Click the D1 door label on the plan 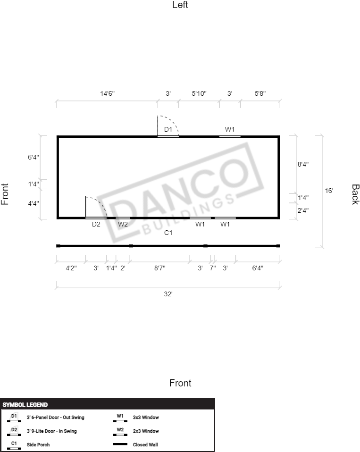pos(168,129)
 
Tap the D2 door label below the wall pos(96,224)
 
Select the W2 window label pos(123,224)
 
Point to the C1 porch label pos(168,233)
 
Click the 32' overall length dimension pos(168,294)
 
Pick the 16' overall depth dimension pos(329,191)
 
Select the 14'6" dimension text pos(107,93)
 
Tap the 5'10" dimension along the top pos(199,93)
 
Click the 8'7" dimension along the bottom pos(159,268)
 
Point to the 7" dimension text pos(213,268)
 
